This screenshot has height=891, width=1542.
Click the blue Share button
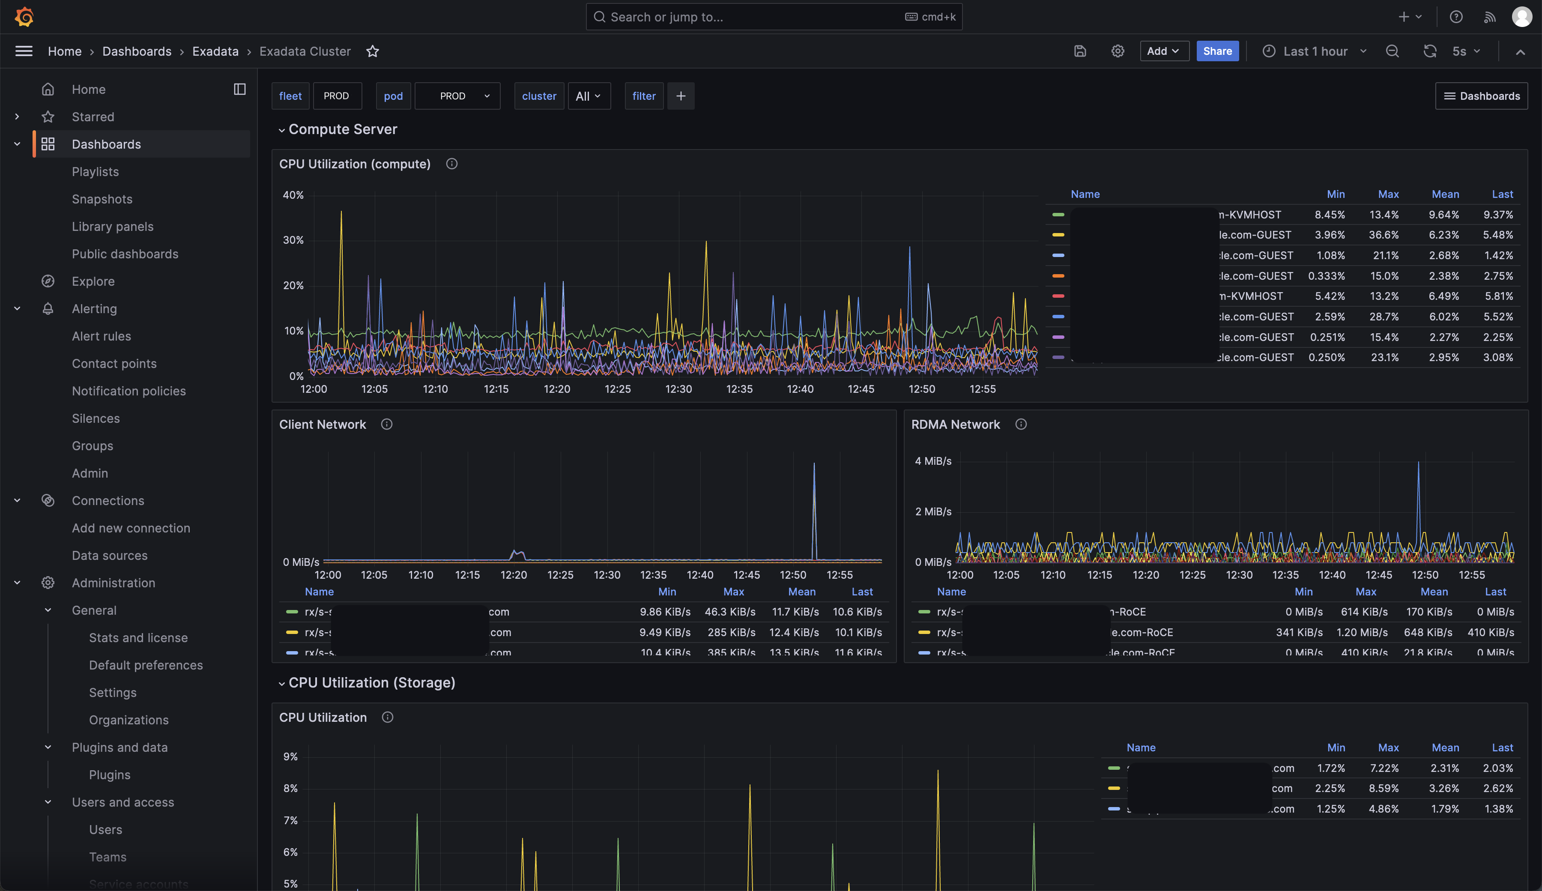click(x=1217, y=51)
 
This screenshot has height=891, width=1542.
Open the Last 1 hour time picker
click(x=1315, y=51)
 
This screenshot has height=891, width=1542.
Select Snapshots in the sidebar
click(x=102, y=199)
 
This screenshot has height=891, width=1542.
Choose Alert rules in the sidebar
click(x=102, y=336)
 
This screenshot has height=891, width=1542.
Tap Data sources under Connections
click(x=110, y=556)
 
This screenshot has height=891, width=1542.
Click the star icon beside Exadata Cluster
click(x=373, y=51)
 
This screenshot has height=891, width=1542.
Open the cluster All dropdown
click(x=589, y=96)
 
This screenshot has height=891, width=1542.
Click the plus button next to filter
click(x=681, y=96)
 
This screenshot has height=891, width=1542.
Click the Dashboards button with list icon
click(x=1482, y=96)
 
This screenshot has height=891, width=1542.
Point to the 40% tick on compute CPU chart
click(x=293, y=195)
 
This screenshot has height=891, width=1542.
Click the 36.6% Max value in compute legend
click(x=1384, y=235)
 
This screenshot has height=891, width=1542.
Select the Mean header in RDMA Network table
click(x=1434, y=592)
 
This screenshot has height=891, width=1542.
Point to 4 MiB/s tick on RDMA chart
click(x=933, y=461)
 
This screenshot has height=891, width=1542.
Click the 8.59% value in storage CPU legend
click(x=1384, y=788)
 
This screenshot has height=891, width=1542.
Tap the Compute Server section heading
click(x=343, y=129)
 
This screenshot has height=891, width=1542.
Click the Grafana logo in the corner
click(x=24, y=17)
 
